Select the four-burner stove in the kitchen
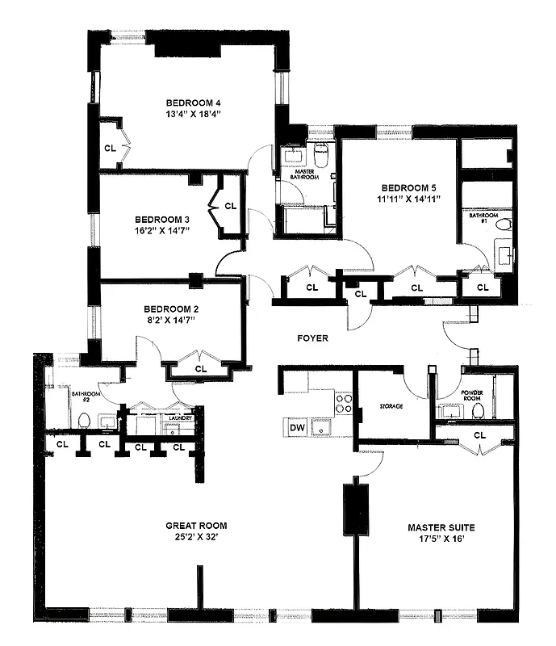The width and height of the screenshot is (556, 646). coord(343,403)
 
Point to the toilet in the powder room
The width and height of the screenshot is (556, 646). coord(478,411)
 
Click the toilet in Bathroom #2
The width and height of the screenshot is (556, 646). coord(83,420)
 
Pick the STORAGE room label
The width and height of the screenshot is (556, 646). coord(391,406)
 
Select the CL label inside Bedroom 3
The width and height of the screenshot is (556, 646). coord(230,206)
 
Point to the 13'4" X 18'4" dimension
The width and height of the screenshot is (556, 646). coord(194,115)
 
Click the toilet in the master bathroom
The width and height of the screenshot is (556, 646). coord(320,155)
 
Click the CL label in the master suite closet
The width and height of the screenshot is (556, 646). coord(481,434)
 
